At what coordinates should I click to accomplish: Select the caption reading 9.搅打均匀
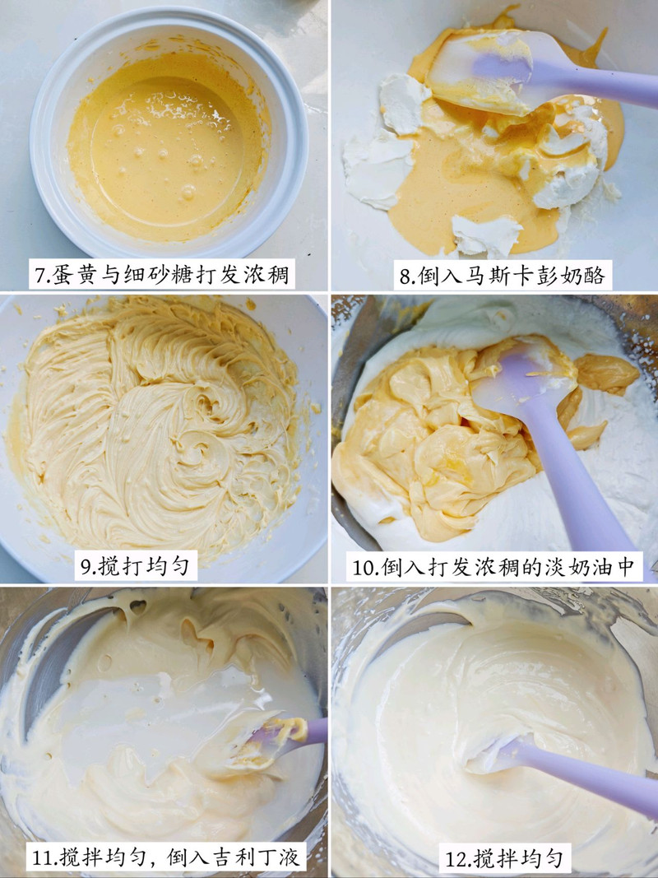pos(136,566)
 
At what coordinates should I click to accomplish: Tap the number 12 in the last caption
pos(455,859)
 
